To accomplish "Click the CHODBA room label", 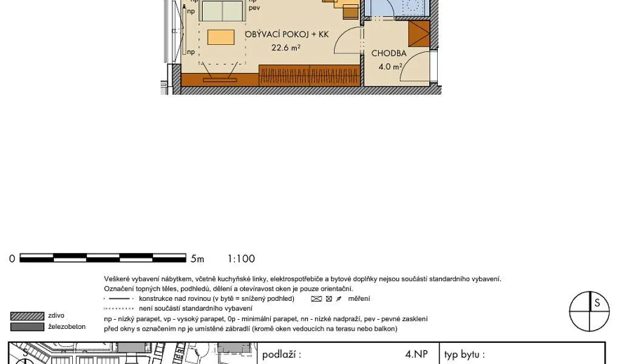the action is click(x=389, y=53).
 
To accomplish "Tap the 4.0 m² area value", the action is click(x=390, y=67).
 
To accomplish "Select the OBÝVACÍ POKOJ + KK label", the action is click(x=287, y=34).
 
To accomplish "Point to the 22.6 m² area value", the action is click(x=286, y=48).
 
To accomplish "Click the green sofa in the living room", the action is click(x=222, y=11).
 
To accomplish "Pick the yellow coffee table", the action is click(x=221, y=38).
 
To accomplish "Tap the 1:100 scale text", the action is click(x=241, y=259).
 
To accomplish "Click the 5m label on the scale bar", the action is click(x=197, y=259).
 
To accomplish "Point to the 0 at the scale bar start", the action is click(x=12, y=259).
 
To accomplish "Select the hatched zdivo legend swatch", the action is click(x=27, y=316).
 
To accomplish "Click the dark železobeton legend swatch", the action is click(x=27, y=326).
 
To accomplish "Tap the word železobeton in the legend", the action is click(x=67, y=326).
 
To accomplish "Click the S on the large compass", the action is click(x=597, y=303).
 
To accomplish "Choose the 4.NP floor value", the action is click(x=416, y=354).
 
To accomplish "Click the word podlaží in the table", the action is click(x=282, y=354).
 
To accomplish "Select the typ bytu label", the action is click(x=464, y=354).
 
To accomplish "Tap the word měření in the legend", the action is click(x=359, y=298).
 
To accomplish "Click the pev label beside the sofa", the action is click(x=254, y=7).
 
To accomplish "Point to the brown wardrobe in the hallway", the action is click(x=418, y=34).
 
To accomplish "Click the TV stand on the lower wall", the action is click(x=220, y=79).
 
